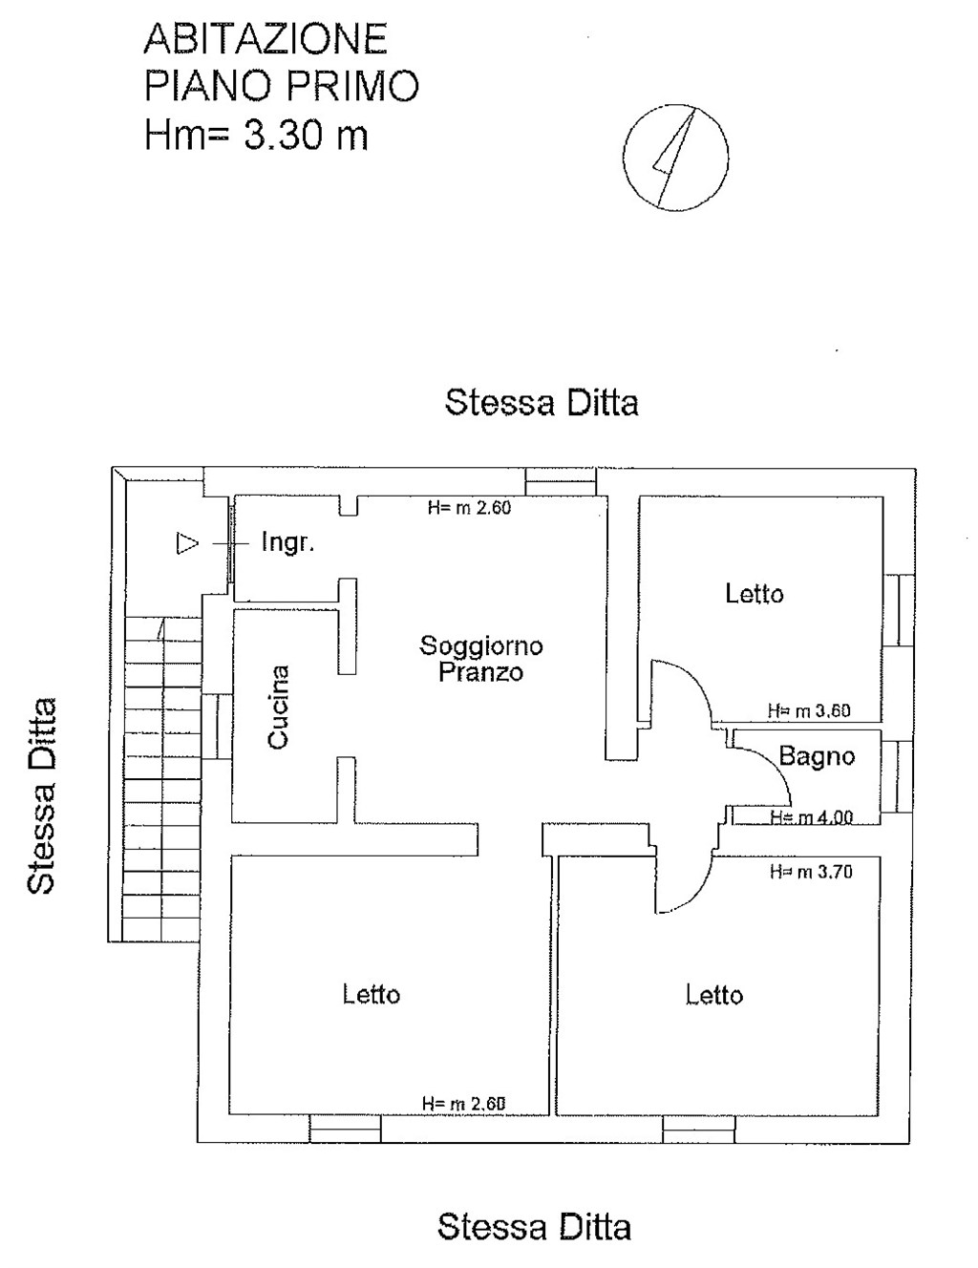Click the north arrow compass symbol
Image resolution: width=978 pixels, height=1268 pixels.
tap(675, 157)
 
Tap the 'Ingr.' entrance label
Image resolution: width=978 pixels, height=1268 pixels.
tap(287, 543)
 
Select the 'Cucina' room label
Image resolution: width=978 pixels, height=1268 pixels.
tap(278, 707)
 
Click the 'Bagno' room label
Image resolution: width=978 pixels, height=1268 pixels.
tap(817, 756)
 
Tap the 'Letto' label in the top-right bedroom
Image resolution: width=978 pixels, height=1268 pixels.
tap(755, 594)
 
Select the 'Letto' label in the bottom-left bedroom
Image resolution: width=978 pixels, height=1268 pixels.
tap(372, 994)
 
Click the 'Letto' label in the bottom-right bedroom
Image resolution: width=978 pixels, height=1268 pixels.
tap(714, 995)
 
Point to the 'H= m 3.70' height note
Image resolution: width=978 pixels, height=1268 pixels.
tap(811, 872)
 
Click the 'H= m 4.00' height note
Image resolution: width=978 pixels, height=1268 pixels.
tap(811, 817)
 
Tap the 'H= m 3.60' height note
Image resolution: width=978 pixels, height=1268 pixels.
tap(809, 711)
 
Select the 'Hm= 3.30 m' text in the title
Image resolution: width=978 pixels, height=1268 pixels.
tap(256, 135)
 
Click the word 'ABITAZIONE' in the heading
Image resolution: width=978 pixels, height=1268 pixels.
tap(266, 39)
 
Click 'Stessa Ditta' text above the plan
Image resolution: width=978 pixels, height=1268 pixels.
tap(542, 402)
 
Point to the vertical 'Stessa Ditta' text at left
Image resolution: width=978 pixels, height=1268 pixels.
tap(41, 796)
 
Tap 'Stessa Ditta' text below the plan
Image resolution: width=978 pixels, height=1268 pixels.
tap(534, 1226)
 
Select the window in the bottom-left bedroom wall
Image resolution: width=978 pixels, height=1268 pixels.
tap(345, 1130)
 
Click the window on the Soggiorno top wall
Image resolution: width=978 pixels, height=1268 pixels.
tap(561, 481)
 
